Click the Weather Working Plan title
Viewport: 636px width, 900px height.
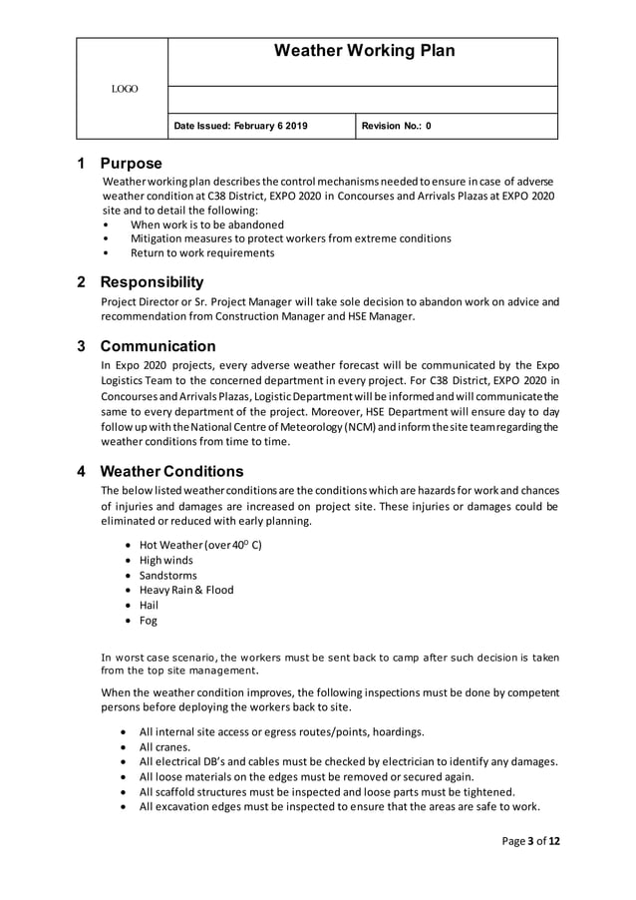coord(363,51)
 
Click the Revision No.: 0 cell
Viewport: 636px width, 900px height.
coord(396,126)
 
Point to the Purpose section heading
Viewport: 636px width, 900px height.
coord(131,164)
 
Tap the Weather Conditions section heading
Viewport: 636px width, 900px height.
coord(171,471)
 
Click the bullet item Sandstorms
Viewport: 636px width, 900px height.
coord(167,576)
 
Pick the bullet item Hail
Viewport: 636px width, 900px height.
coord(149,605)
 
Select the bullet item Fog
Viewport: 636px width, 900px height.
coord(148,621)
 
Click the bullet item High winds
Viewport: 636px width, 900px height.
coord(166,561)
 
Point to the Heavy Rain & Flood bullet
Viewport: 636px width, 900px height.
coord(186,590)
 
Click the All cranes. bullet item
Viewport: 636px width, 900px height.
coord(164,746)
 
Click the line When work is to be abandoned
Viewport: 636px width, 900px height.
coord(207,225)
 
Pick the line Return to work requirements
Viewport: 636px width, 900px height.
coord(202,253)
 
